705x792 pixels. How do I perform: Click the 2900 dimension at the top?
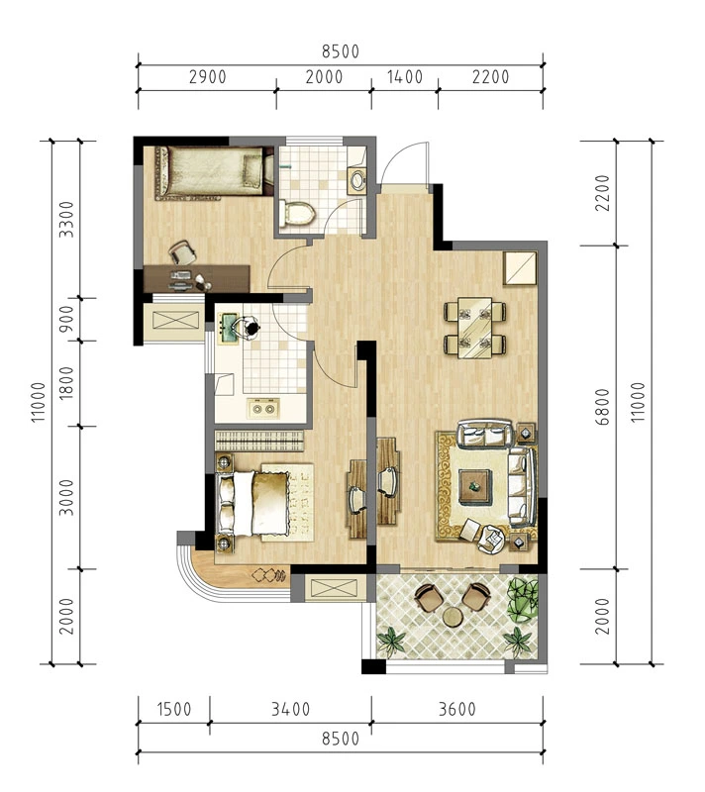pos(208,77)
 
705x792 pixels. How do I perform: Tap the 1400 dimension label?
pos(405,77)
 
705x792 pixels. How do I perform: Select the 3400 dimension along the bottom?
pos(290,709)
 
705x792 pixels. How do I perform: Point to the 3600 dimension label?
pos(457,709)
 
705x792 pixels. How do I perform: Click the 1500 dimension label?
pos(174,709)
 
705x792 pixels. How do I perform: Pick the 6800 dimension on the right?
pos(602,407)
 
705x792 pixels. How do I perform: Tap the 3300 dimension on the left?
pos(66,219)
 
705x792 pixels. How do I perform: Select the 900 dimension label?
pos(66,318)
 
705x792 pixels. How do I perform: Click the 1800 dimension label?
pos(66,383)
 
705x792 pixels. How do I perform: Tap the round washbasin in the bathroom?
pos(358,181)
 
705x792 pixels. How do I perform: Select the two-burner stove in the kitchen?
pos(263,408)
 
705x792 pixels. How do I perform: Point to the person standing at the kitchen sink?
pos(248,328)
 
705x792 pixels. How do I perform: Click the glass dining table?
pos(474,328)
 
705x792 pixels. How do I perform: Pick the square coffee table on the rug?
pos(474,486)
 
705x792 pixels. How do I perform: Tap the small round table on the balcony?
pos(453,616)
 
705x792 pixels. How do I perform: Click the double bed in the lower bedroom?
pos(264,503)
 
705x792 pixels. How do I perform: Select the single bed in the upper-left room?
pos(210,171)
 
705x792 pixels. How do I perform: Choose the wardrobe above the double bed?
pos(259,441)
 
